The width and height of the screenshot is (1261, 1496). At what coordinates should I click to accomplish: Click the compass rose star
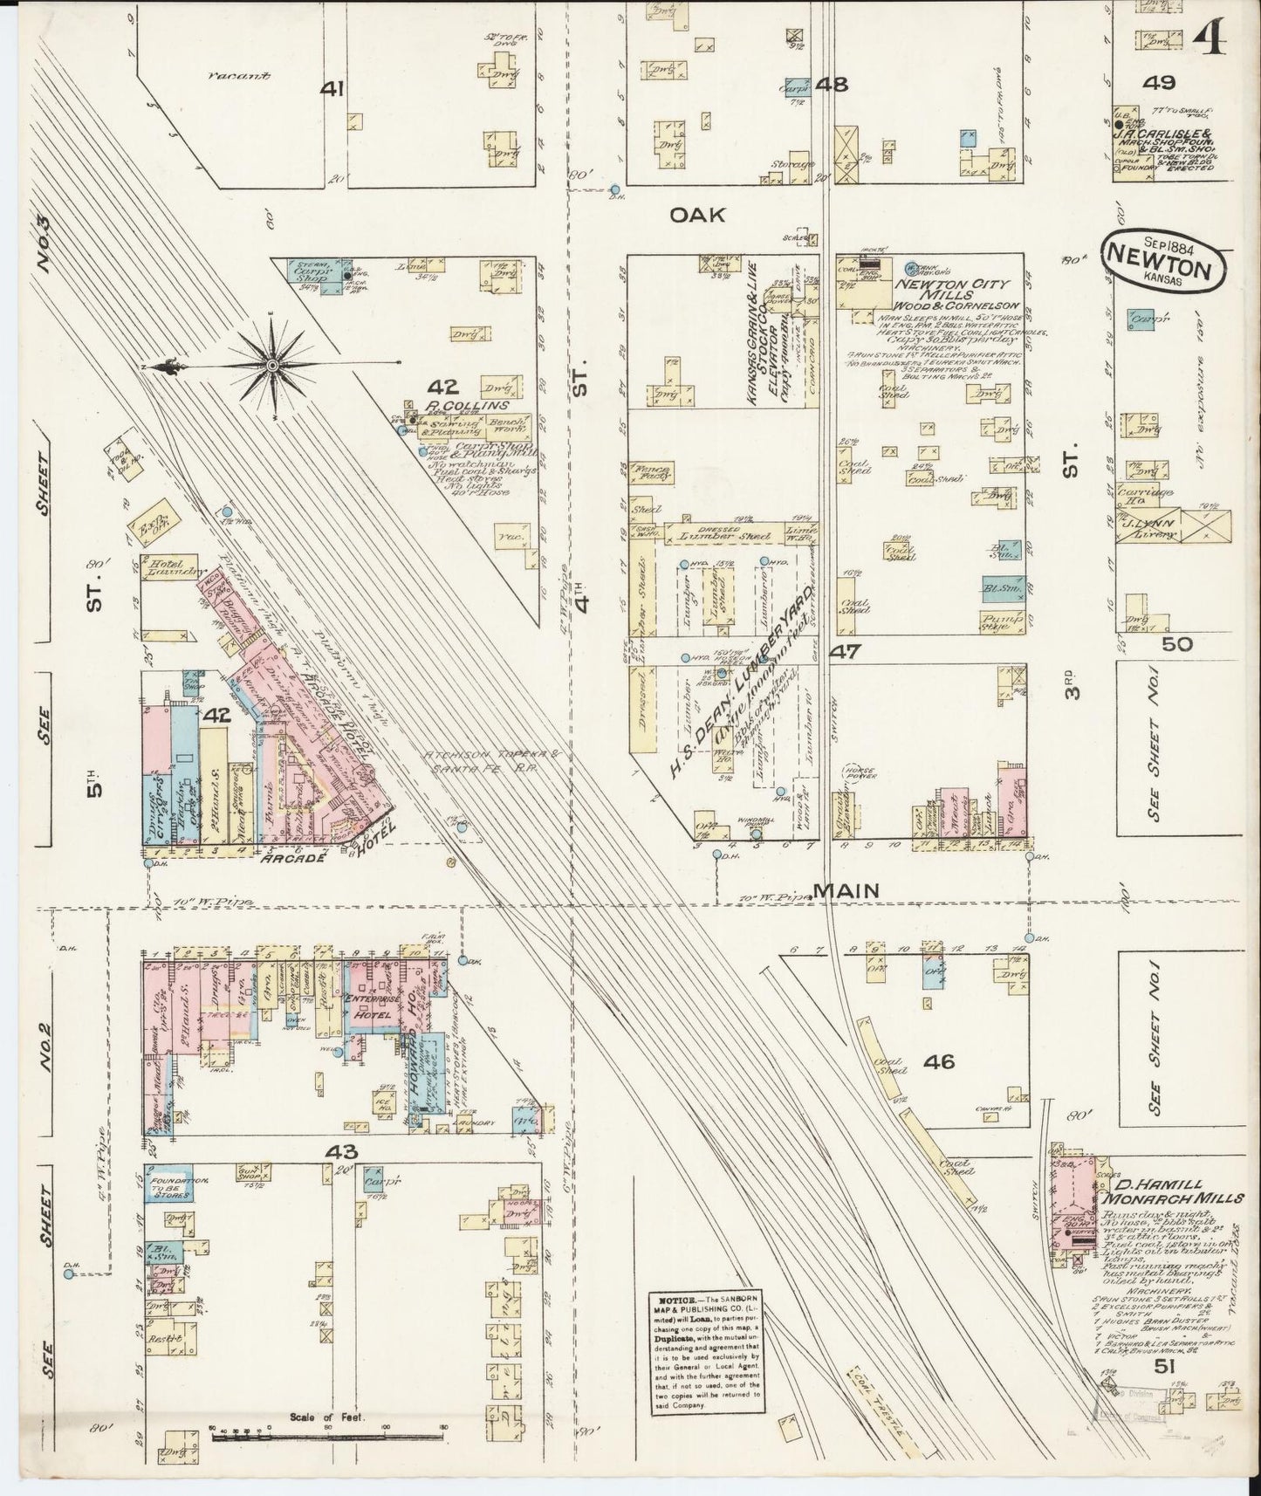pyautogui.click(x=273, y=365)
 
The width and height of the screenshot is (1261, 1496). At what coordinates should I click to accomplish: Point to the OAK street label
pyautogui.click(x=697, y=215)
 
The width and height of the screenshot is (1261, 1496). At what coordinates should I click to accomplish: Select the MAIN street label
pyautogui.click(x=846, y=890)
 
